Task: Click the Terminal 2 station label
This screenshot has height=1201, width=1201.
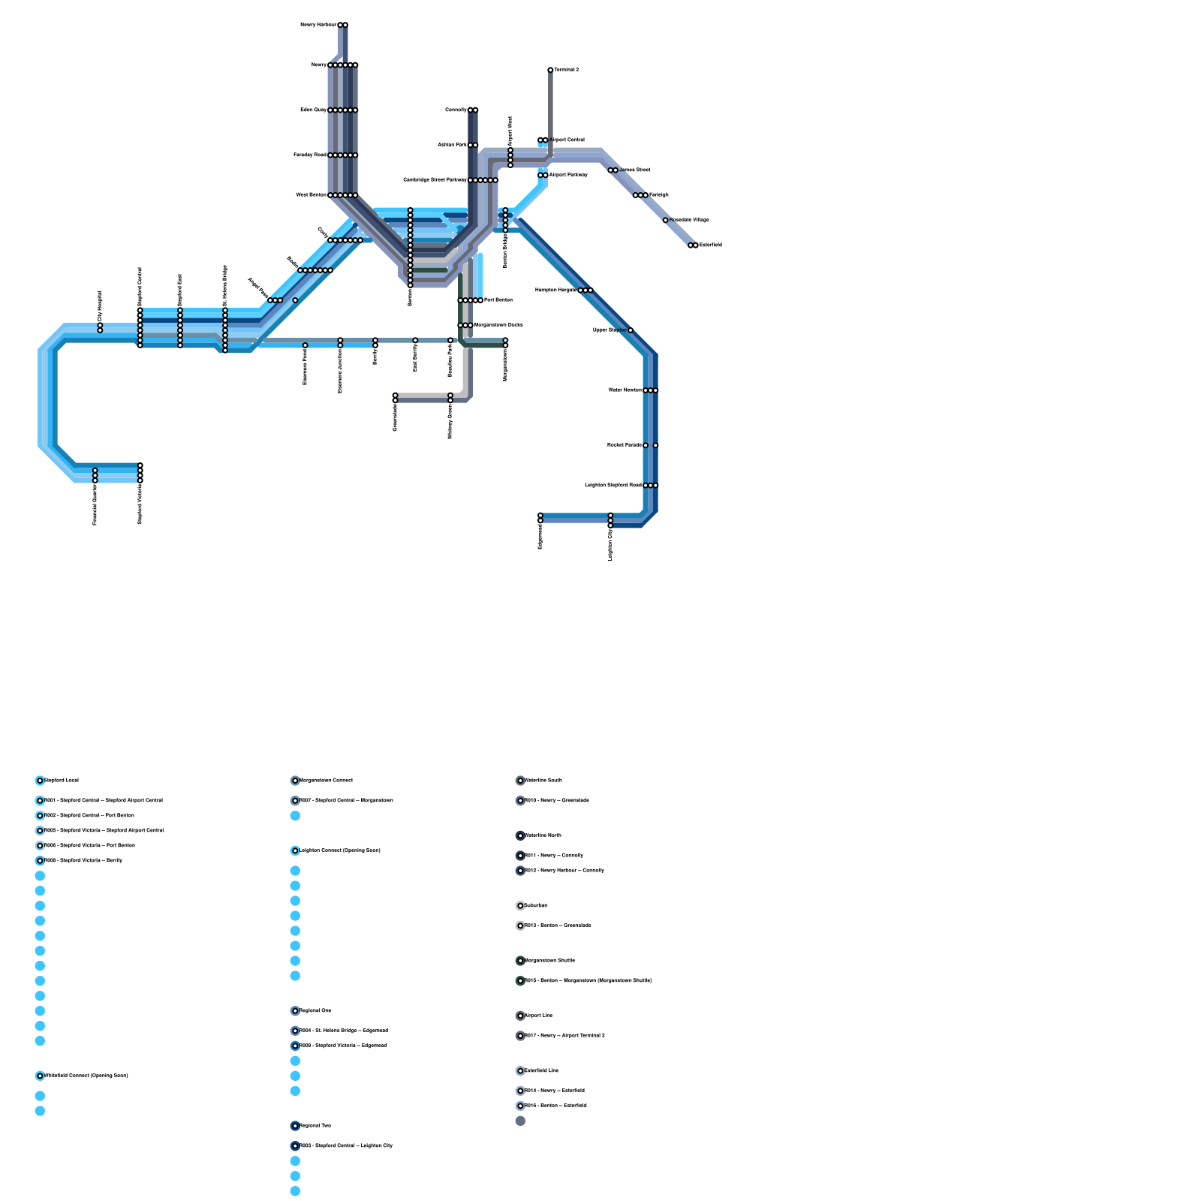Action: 567,70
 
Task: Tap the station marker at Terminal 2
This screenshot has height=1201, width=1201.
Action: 550,70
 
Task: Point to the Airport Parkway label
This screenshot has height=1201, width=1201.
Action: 568,175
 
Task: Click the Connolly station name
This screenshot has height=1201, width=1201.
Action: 456,110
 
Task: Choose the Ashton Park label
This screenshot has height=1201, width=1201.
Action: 452,145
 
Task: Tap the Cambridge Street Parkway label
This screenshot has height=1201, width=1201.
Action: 435,180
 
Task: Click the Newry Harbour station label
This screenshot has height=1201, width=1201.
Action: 318,25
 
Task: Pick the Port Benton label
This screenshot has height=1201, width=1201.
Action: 498,300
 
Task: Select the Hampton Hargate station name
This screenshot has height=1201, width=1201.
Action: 555,290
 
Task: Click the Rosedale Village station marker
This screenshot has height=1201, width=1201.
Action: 665,220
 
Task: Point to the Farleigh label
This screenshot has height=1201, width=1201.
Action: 659,195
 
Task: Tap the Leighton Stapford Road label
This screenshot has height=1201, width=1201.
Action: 613,486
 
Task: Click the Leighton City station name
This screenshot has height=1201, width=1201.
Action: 610,544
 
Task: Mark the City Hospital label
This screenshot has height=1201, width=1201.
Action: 100,306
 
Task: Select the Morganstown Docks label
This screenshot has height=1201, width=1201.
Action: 498,325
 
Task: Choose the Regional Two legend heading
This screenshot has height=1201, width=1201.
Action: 315,1126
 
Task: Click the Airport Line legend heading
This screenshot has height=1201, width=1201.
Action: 539,1016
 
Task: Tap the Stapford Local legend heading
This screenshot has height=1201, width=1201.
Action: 62,781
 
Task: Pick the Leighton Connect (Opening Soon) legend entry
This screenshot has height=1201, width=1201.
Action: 340,850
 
